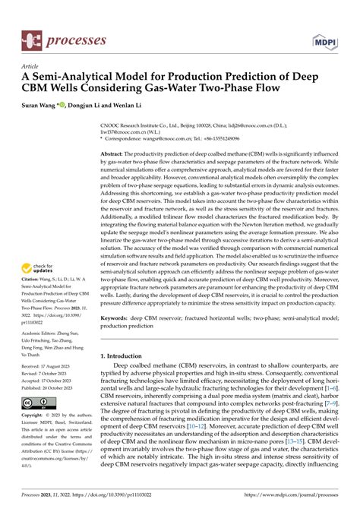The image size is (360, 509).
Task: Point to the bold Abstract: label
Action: click(x=115, y=132)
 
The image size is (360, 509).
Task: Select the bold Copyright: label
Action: click(x=36, y=416)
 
